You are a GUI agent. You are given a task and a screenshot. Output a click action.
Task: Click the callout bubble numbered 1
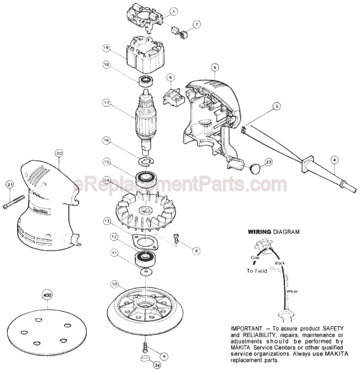point(173,12)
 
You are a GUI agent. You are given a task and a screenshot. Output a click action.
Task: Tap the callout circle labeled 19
point(106,48)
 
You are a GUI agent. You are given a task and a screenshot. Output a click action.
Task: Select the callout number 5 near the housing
point(215,66)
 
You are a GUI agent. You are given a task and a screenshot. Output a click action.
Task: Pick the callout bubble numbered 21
point(9,185)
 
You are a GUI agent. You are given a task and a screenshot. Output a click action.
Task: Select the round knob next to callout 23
point(257,166)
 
